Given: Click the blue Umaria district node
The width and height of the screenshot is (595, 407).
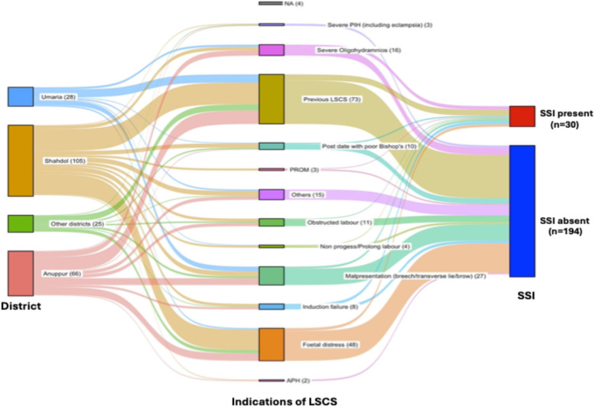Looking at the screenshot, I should click(21, 96).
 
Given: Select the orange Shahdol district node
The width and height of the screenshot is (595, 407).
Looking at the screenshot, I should click(21, 161).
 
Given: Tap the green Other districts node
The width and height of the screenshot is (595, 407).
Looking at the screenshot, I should click(21, 223).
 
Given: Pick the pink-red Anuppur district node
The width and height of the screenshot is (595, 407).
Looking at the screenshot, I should click(21, 273).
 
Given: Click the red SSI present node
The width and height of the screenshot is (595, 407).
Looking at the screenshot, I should click(522, 116).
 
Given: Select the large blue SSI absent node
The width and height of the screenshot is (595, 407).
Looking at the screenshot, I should click(522, 210).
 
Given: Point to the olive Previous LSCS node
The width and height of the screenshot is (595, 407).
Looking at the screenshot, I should click(271, 99).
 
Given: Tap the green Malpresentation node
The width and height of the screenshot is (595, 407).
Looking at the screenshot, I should click(271, 275).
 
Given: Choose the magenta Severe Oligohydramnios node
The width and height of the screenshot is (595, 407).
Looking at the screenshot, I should click(271, 50).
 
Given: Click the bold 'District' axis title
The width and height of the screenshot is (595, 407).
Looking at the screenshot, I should click(21, 307).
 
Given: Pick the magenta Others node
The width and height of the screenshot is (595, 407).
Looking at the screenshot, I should click(271, 195).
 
